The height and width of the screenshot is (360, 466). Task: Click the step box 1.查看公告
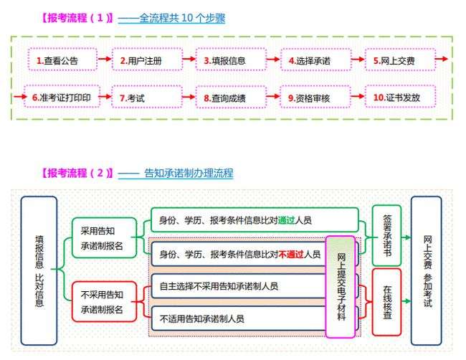pyautogui.click(x=60, y=60)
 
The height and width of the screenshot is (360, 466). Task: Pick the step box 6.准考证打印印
pyautogui.click(x=60, y=96)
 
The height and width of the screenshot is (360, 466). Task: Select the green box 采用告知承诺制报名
pyautogui.click(x=104, y=237)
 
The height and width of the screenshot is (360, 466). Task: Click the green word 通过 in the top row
pyautogui.click(x=287, y=220)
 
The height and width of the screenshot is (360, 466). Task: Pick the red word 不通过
pyautogui.click(x=290, y=254)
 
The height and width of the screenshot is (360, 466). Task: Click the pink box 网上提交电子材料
pyautogui.click(x=341, y=286)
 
